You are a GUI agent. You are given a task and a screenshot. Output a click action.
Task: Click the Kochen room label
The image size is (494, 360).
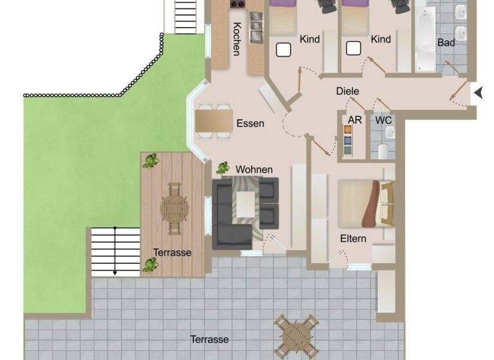pyautogui.click(x=237, y=39)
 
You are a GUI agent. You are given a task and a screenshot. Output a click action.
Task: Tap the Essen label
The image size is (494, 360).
pyautogui.click(x=250, y=123)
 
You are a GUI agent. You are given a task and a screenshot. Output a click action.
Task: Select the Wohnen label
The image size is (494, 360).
pyautogui.click(x=254, y=169)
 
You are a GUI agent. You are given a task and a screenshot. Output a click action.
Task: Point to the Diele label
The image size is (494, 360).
pyautogui.click(x=347, y=91)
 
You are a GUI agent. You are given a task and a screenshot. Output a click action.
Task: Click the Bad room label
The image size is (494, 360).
pyautogui.click(x=446, y=42)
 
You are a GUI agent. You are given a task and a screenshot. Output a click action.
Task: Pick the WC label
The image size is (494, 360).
pyautogui.click(x=384, y=120)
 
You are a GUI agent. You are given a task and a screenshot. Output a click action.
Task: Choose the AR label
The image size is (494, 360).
pyautogui.click(x=354, y=120)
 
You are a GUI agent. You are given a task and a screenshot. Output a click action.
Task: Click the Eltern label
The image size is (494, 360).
pyautogui.click(x=353, y=239)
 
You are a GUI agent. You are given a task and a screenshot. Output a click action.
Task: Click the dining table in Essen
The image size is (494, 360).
pyautogui.click(x=214, y=120)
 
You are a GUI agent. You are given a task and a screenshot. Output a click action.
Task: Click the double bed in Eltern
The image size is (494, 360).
pyautogui.click(x=364, y=203)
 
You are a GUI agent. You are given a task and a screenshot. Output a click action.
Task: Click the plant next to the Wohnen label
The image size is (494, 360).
pyautogui.click(x=223, y=168)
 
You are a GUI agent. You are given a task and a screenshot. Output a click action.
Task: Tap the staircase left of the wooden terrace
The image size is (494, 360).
pyautogui.click(x=115, y=251)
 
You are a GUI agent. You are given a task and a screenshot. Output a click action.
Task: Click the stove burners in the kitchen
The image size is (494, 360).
pyautogui.click(x=237, y=4)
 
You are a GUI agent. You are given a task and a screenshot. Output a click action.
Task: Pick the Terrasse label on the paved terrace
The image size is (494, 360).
pyautogui.click(x=209, y=339)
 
